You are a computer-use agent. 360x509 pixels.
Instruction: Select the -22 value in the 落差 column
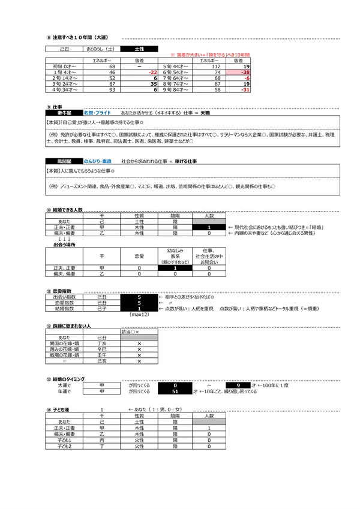click(x=152, y=72)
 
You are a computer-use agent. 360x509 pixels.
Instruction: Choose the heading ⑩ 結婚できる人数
click(x=65, y=210)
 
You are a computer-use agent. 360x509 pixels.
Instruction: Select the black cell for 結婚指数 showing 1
click(x=139, y=309)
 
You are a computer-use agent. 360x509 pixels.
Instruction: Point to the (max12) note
click(x=139, y=314)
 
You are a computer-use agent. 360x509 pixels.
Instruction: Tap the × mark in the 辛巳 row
click(x=139, y=349)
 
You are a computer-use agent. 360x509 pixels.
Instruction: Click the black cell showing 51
click(x=175, y=391)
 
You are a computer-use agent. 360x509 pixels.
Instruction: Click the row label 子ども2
click(x=64, y=446)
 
